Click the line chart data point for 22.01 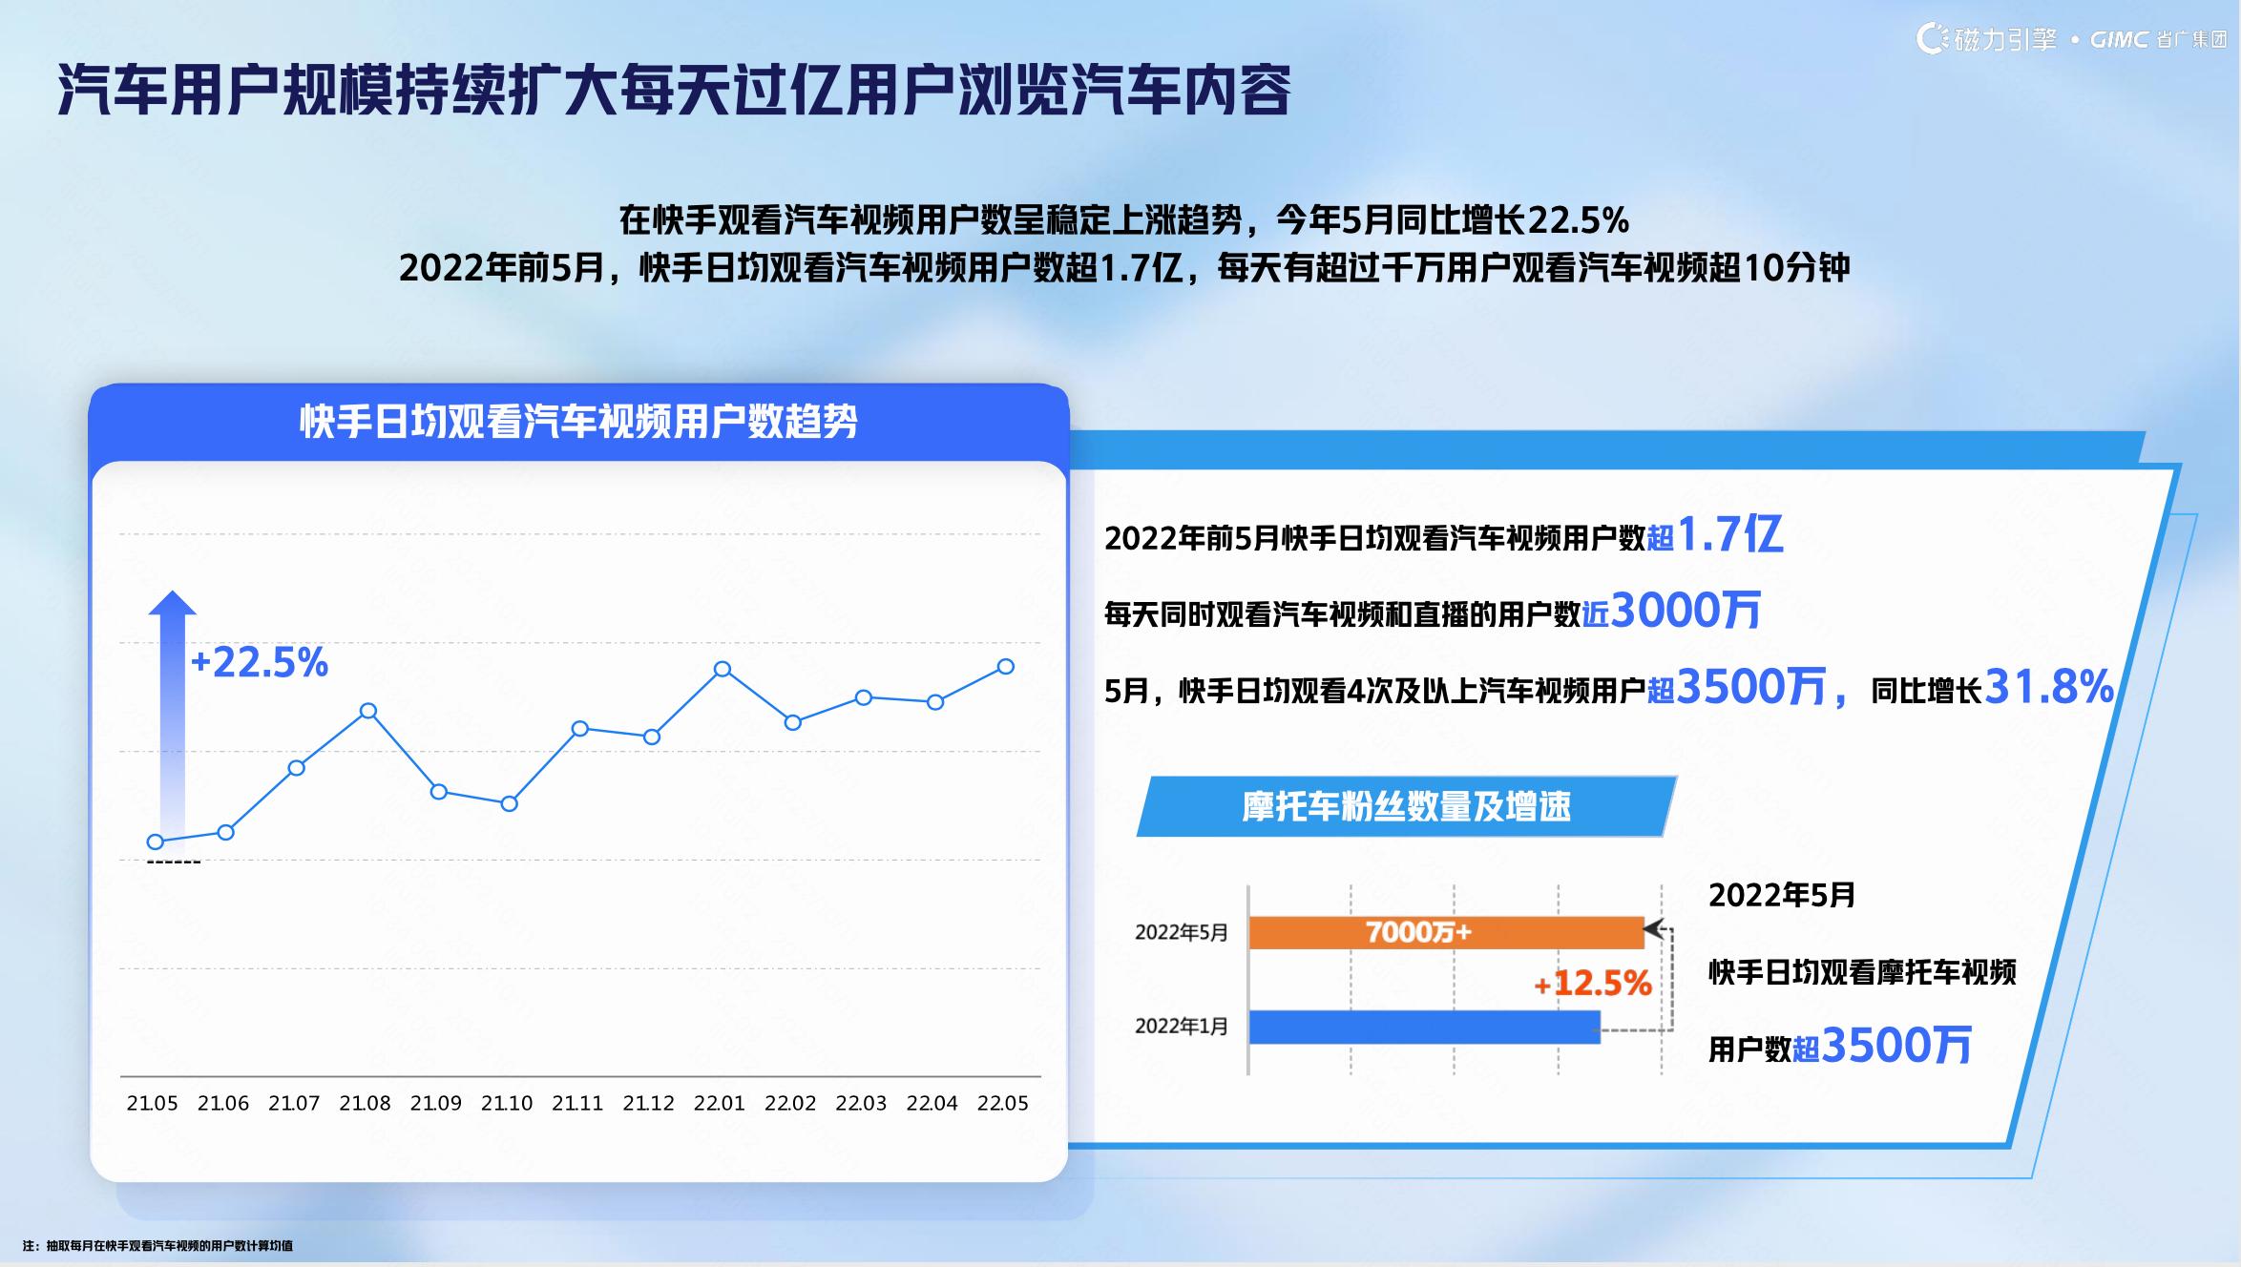pos(723,669)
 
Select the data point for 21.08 pos(368,711)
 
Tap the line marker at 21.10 pos(510,804)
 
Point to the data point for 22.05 pos(1005,667)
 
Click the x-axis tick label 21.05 pos(153,1104)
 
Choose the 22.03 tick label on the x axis pos(861,1104)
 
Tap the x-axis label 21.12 pos(648,1104)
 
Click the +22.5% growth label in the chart pos(260,662)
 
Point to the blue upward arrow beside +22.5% pos(173,716)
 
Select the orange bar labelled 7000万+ pos(1446,932)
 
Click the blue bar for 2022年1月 pos(1424,1027)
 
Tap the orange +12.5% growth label pos(1592,984)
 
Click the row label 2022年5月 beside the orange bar pos(1182,933)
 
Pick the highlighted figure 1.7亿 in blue pos(1729,535)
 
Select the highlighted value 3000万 pos(1686,611)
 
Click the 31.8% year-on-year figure pos(2049,687)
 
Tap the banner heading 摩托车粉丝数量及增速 pos(1406,807)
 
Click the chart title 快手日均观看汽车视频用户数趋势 pos(579,421)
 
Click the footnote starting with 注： pos(157,1246)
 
